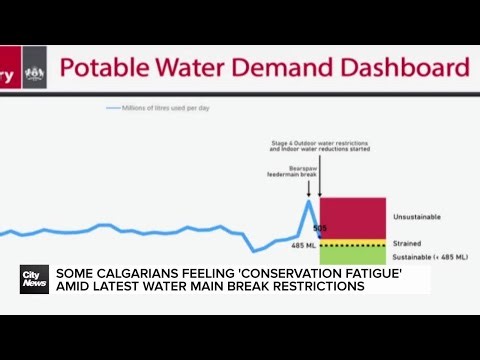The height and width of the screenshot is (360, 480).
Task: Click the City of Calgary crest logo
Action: point(35,72)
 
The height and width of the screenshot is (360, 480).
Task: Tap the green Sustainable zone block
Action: point(352,257)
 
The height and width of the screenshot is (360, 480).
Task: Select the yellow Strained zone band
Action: point(352,243)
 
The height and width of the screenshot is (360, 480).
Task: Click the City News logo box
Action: point(34,279)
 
